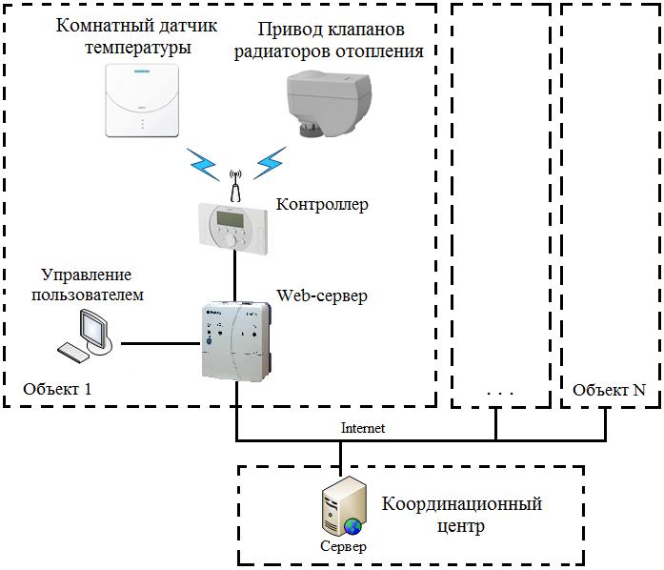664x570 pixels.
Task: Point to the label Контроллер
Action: (322, 204)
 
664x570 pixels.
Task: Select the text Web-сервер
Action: (322, 295)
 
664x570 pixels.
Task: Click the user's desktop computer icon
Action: (88, 336)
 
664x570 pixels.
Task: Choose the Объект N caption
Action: (609, 390)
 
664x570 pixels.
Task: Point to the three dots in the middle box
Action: (498, 392)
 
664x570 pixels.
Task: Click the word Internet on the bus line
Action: (363, 428)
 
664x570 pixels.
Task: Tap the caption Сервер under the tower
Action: (342, 547)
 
